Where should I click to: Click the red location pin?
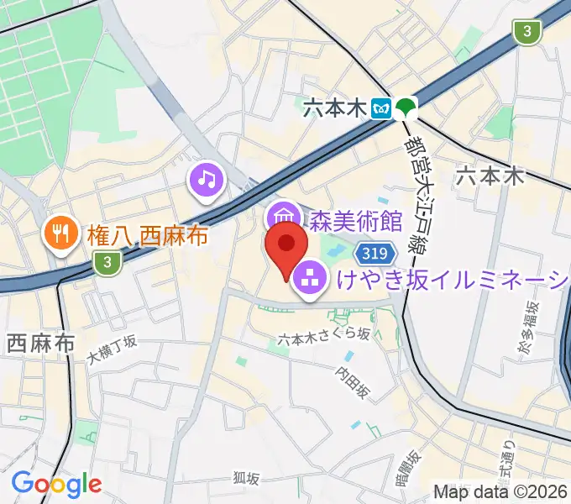tap(286, 248)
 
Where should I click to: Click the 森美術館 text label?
tap(357, 222)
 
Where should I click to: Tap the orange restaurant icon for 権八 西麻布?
tap(60, 232)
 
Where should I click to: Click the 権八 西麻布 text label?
tap(147, 236)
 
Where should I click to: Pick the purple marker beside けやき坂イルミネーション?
tap(309, 276)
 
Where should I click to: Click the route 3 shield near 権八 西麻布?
tap(106, 263)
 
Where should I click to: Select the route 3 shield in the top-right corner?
tap(526, 32)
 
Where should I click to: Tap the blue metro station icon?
tap(385, 107)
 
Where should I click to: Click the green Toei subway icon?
tap(407, 107)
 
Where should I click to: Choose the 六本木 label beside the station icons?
tap(337, 108)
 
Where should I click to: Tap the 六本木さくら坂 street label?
tap(323, 336)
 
